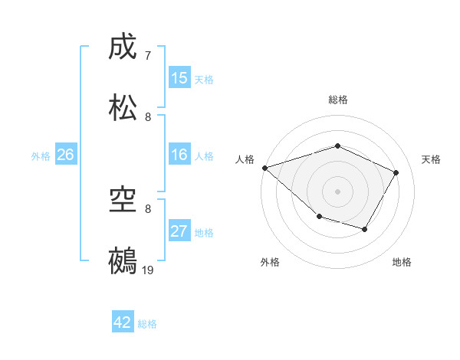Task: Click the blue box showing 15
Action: (179, 78)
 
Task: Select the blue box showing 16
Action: (179, 155)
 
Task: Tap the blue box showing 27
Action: (179, 231)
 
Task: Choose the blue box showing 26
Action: (65, 155)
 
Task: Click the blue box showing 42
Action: (123, 322)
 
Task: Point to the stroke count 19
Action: (149, 270)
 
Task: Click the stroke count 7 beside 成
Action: (148, 56)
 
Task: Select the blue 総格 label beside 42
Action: (147, 324)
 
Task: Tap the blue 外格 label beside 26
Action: (41, 156)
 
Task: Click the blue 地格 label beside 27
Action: (204, 233)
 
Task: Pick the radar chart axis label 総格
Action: (337, 100)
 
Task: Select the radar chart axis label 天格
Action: (431, 159)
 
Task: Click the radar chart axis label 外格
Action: (270, 262)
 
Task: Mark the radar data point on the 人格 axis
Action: (264, 168)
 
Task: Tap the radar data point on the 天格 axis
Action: (396, 172)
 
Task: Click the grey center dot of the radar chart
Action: (337, 191)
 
